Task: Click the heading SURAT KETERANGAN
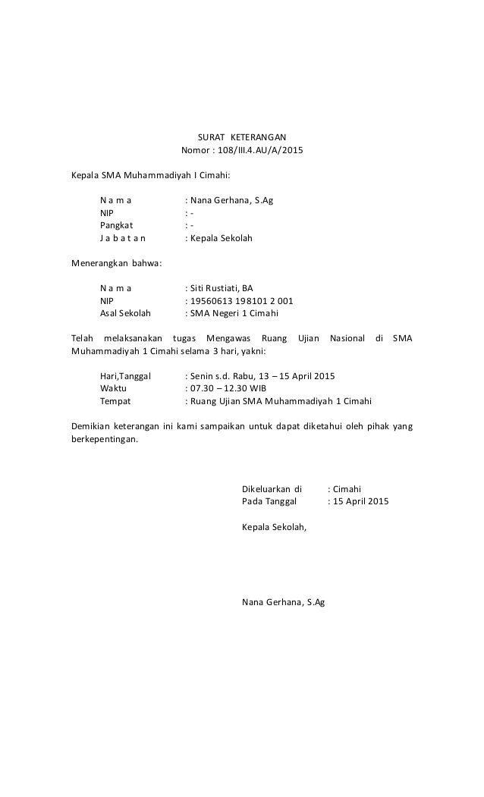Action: [241, 136]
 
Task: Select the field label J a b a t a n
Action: [124, 238]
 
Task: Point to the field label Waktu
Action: [113, 388]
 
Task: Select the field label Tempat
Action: [115, 401]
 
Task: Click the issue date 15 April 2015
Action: [360, 501]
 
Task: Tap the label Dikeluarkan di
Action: [272, 489]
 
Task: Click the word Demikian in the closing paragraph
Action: [90, 426]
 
